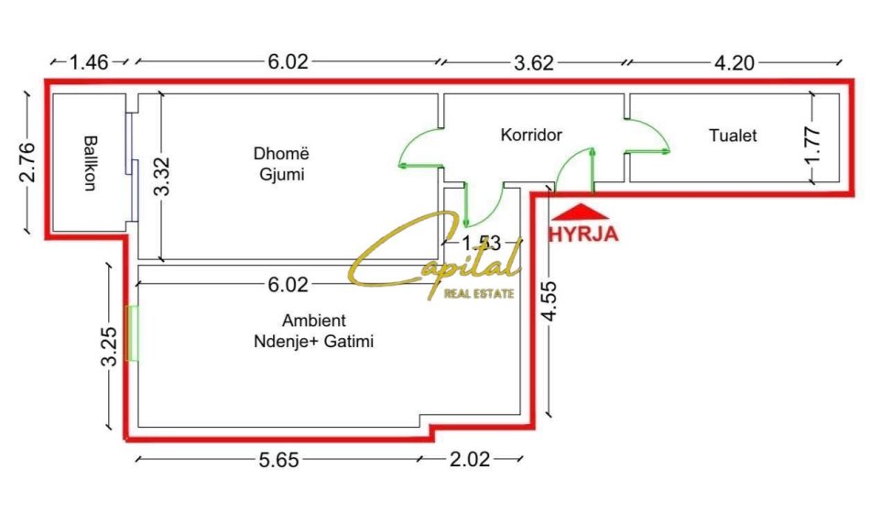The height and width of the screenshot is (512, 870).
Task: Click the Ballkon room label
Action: (x=90, y=163)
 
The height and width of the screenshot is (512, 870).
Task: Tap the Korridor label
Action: (x=531, y=136)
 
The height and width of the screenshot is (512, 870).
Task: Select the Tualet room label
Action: (x=733, y=136)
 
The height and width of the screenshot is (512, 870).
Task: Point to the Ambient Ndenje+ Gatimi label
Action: (x=315, y=331)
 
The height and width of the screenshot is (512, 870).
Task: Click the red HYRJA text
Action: (x=583, y=233)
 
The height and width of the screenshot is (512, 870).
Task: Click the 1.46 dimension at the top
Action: (x=89, y=62)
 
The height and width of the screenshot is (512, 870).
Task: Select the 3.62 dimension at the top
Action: (x=534, y=62)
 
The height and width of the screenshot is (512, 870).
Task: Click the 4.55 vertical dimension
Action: (x=548, y=301)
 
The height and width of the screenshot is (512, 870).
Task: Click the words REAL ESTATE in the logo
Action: (x=480, y=294)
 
